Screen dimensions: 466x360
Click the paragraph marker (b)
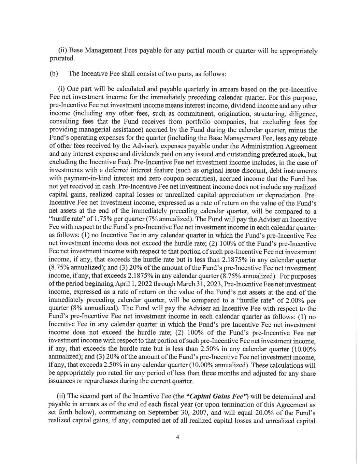click(x=54, y=73)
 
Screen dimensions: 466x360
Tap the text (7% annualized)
click(x=165, y=220)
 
